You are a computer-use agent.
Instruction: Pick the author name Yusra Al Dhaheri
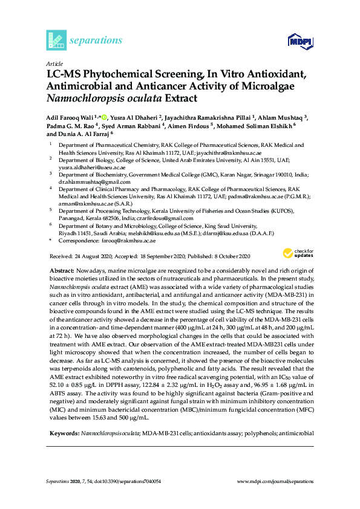point(139,117)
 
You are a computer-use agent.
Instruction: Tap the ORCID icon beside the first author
point(104,117)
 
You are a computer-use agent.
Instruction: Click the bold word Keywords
point(64,433)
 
